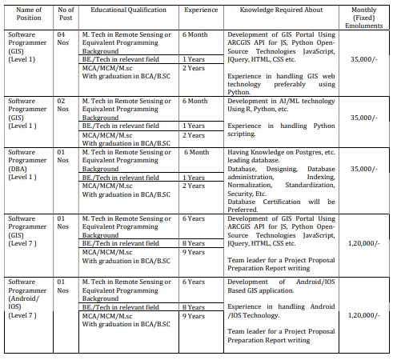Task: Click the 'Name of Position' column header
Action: pyautogui.click(x=24, y=14)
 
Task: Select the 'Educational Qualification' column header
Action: pyautogui.click(x=128, y=9)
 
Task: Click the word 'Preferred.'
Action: pyautogui.click(x=244, y=210)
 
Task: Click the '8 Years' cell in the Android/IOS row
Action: pyautogui.click(x=195, y=306)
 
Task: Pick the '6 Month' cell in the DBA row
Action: pyautogui.click(x=196, y=152)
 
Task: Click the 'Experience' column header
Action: pyautogui.click(x=200, y=9)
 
